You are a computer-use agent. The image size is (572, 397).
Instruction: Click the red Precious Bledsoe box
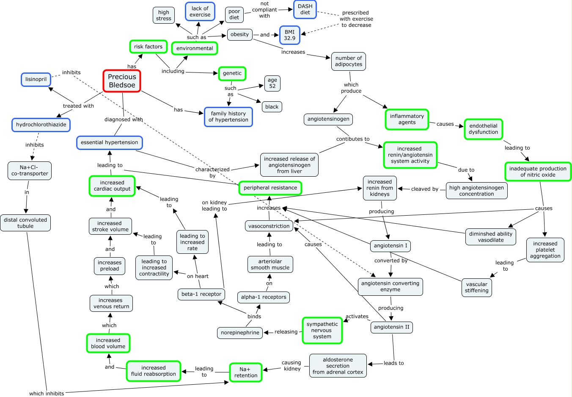[x=122, y=81]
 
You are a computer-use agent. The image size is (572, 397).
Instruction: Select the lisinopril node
[x=36, y=79]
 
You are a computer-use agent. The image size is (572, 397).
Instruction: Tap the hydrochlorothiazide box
[x=41, y=125]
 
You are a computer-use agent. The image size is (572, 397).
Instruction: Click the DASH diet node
[x=305, y=9]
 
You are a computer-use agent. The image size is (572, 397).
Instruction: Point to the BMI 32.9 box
[x=289, y=35]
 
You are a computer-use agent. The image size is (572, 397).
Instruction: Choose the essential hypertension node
[x=109, y=142]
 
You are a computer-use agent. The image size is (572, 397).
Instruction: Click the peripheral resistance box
[x=270, y=188]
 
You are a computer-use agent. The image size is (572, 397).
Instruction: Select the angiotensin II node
[x=391, y=327]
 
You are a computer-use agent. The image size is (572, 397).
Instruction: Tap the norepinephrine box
[x=240, y=333]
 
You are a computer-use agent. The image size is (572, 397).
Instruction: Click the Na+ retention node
[x=246, y=372]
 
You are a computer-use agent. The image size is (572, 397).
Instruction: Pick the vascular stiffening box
[x=476, y=288]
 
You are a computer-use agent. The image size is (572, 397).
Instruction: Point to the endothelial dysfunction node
[x=483, y=129]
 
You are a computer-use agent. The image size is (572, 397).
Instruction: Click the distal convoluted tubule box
[x=25, y=223]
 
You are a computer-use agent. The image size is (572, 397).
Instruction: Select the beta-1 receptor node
[x=201, y=294]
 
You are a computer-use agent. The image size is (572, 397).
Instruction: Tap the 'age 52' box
[x=272, y=83]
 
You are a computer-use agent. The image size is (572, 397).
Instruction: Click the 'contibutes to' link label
[x=353, y=139]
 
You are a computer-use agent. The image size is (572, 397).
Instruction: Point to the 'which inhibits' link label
[x=47, y=394]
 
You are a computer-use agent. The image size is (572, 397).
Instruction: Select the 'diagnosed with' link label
[x=124, y=119]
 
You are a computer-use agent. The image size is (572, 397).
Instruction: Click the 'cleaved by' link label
[x=424, y=189]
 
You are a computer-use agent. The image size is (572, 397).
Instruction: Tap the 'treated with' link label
[x=78, y=106]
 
